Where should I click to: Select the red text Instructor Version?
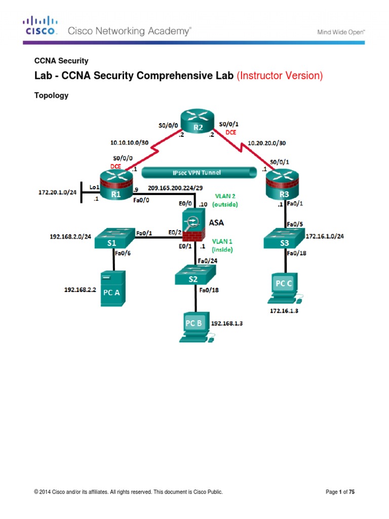pos(280,76)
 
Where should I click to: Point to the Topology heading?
pos(51,95)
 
